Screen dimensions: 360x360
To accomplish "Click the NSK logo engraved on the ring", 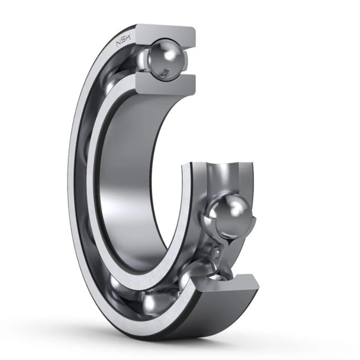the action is click(123, 42).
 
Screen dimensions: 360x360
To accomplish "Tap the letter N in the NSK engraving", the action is click(119, 44).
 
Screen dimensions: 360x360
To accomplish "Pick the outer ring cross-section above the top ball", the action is click(165, 34).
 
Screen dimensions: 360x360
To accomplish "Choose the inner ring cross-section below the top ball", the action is click(166, 84).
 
